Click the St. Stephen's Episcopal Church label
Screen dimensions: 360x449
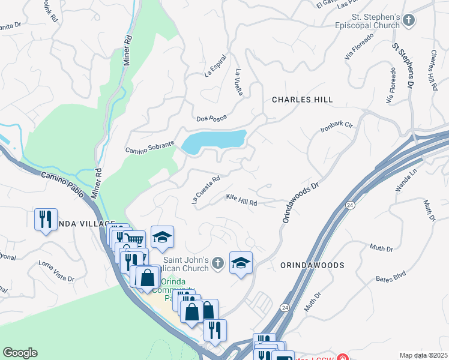[367, 21]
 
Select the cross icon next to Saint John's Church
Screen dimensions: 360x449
[219, 262]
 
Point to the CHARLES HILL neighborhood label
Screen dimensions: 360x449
[303, 100]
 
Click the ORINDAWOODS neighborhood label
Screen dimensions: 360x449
[312, 265]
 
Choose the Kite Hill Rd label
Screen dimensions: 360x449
[241, 200]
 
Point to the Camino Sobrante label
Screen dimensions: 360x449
[149, 146]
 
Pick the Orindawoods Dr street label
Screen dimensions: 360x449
[300, 203]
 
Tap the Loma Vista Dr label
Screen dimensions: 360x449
[56, 271]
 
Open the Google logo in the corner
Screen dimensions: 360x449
[20, 353]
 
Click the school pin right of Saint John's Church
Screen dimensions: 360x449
[241, 263]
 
